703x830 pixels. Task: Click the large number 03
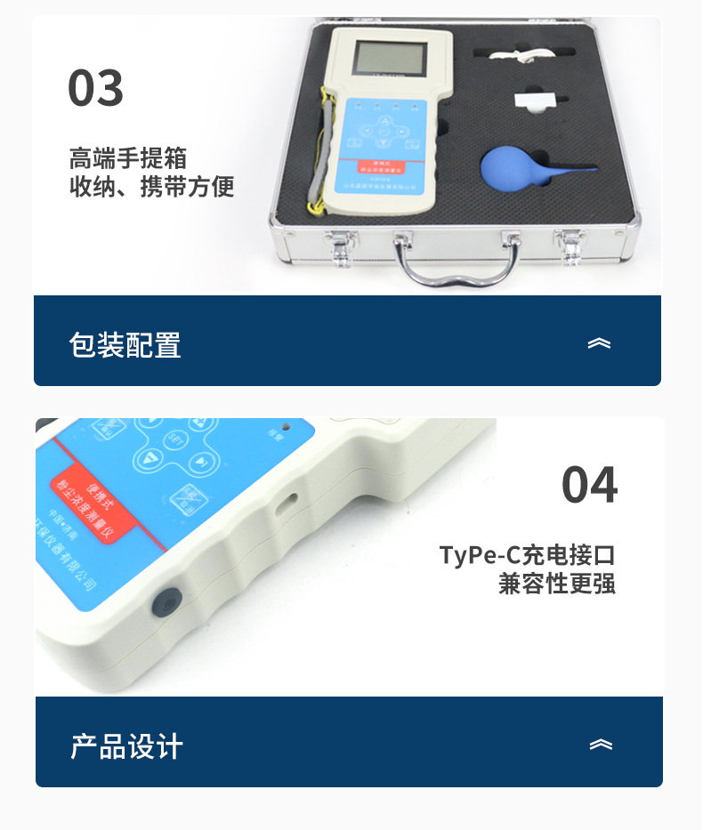coord(96,89)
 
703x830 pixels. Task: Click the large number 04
coord(589,486)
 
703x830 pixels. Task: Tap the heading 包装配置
coord(125,344)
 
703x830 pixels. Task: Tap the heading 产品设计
coord(126,745)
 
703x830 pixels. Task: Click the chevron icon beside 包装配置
coord(599,343)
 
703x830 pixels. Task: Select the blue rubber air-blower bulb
coord(513,168)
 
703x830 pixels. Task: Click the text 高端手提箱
coord(128,158)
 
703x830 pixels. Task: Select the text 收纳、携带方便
coord(151,188)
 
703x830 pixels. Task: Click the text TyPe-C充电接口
coord(527,555)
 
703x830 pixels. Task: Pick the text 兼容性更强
coord(557,584)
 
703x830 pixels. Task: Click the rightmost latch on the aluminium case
coord(570,246)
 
